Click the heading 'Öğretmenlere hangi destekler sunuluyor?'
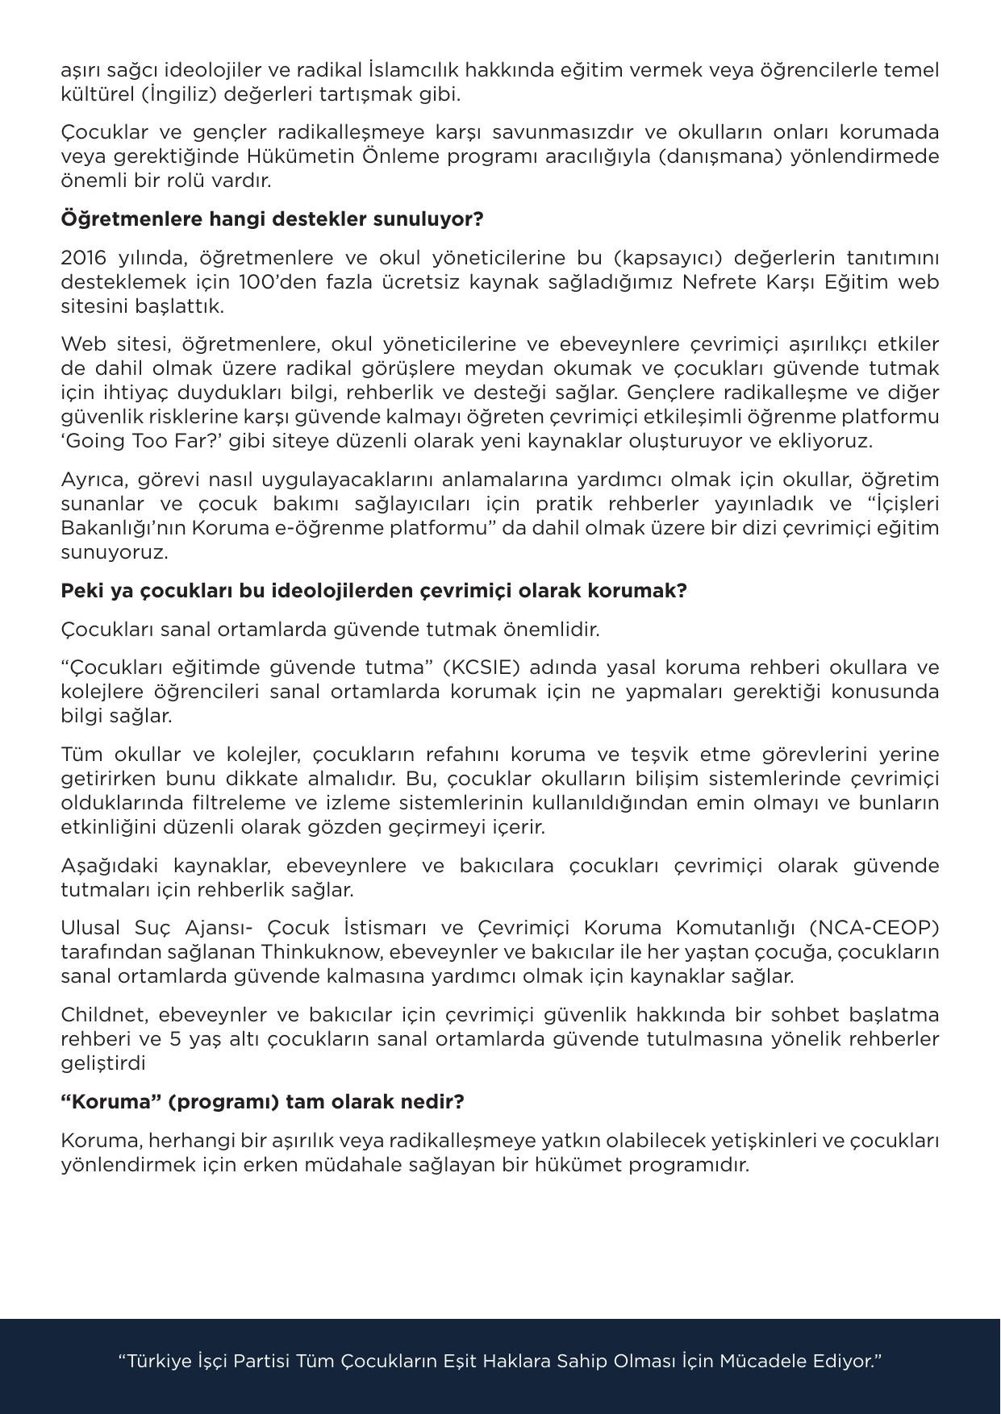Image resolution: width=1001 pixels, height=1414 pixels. point(272,219)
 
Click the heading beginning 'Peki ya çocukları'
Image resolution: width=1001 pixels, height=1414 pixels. point(373,590)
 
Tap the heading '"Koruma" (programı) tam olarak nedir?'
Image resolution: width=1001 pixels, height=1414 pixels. point(262,1101)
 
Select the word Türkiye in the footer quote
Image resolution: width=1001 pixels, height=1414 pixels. point(160,1362)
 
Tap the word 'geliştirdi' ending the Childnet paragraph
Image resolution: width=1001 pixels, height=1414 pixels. point(103,1063)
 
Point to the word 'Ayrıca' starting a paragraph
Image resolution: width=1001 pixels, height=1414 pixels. point(94,480)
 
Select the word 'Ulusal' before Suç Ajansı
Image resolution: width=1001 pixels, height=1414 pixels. point(90,927)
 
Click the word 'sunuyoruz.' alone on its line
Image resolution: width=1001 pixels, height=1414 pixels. point(115,552)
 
